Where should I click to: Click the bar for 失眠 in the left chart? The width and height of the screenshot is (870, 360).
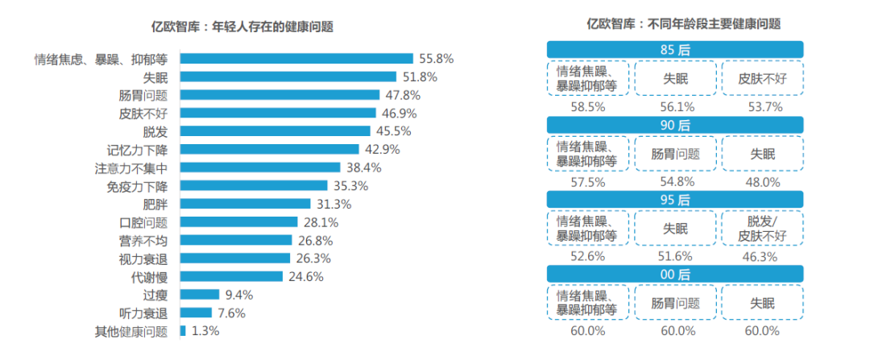(288, 77)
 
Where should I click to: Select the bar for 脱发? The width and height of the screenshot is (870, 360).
(275, 130)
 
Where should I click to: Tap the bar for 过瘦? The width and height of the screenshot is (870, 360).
(200, 295)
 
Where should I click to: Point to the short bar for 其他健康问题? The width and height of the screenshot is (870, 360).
(183, 331)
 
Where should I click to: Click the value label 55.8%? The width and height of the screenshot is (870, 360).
(437, 59)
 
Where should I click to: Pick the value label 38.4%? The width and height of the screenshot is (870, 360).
(364, 168)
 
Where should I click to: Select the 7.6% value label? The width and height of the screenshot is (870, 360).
(230, 313)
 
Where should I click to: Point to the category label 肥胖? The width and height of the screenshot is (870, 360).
(155, 204)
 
